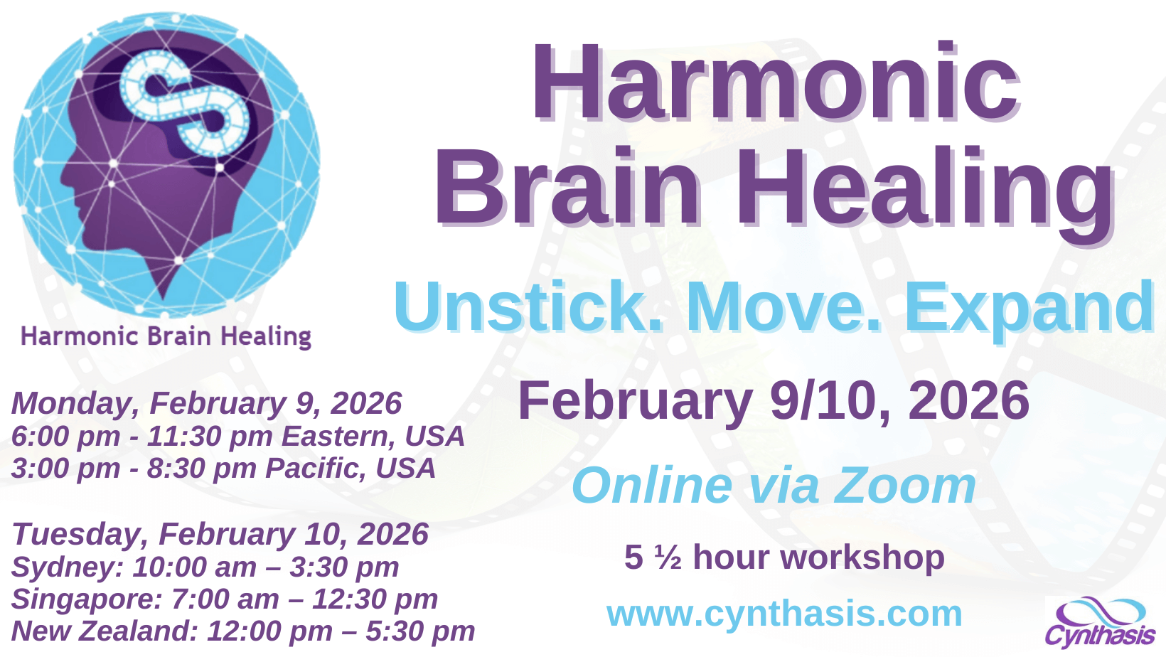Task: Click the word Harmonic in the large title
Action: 776,82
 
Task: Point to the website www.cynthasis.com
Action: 784,614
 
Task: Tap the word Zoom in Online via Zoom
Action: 904,486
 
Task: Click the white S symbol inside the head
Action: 185,103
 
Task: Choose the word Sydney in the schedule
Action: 67,567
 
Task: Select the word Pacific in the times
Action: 314,469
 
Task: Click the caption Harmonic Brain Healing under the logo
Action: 166,336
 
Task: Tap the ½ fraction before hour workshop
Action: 668,557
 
